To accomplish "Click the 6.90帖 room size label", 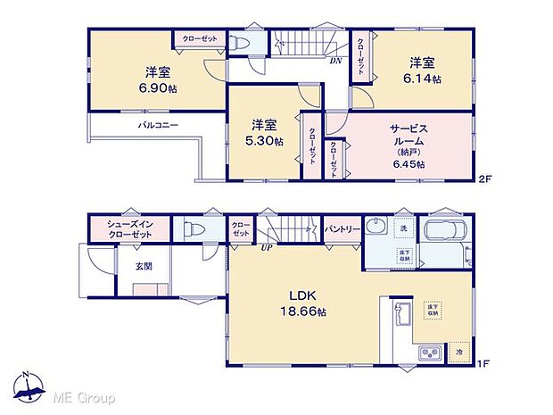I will pos(153,91).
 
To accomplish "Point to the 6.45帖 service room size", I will pos(409,164).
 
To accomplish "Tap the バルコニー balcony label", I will pos(157,126).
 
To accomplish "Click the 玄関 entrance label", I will pos(144,266).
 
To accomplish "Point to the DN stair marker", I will pos(335,62).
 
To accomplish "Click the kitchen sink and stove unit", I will pos(429,354).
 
